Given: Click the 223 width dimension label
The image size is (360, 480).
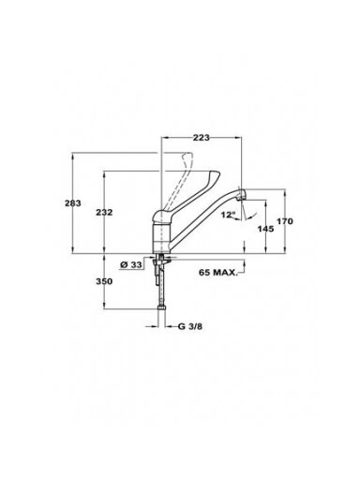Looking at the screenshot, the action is point(201,138).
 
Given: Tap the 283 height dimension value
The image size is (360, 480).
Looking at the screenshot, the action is point(73,203).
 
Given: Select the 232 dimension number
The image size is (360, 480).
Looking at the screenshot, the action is point(104,213).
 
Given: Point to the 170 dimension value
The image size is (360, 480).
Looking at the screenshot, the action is point(285,221).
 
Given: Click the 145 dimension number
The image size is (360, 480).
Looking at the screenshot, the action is point(265,229).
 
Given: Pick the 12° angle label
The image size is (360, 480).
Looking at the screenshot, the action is point(228,215).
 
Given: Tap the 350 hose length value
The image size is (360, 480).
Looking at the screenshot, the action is point(104,281).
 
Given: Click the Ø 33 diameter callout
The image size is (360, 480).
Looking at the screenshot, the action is point(131,265).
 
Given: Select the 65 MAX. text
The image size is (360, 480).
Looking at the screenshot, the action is point(218,273).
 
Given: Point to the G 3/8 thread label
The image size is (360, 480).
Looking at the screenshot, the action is point(190,327).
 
